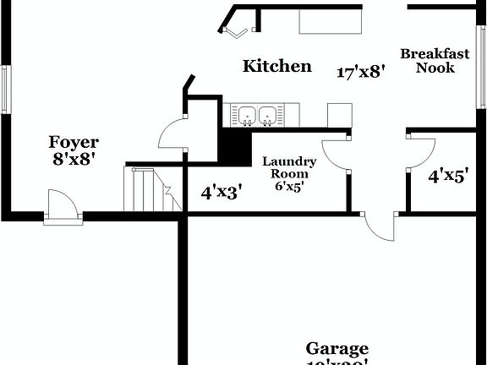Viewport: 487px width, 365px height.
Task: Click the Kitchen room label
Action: (x=277, y=66)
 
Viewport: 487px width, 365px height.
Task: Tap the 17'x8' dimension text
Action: (x=361, y=72)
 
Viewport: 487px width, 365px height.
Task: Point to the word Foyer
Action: (x=73, y=142)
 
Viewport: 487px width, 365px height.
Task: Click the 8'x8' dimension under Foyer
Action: (x=73, y=159)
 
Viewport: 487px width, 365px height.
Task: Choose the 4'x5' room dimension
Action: (x=448, y=177)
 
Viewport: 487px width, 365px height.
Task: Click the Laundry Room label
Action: (x=289, y=167)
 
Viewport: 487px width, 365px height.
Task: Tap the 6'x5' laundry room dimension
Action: (x=289, y=187)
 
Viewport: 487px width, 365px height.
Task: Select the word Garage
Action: (x=337, y=348)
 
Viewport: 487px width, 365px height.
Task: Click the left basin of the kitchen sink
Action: (x=248, y=114)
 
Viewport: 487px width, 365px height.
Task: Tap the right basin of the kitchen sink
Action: (x=268, y=114)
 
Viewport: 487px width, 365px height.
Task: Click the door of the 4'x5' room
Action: (x=420, y=152)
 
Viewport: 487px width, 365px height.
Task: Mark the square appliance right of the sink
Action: (x=339, y=115)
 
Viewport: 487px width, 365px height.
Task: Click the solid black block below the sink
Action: (x=231, y=147)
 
